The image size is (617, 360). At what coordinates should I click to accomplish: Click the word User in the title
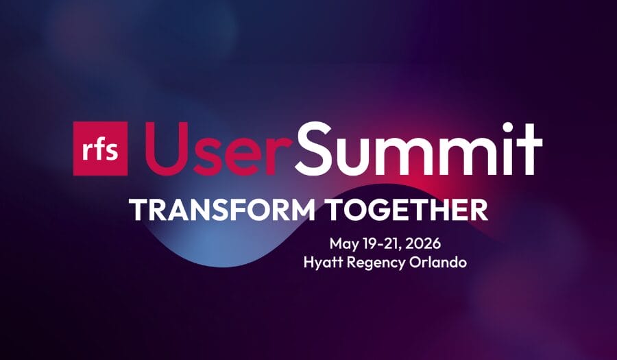[x=214, y=149]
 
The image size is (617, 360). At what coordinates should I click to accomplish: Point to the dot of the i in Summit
[x=507, y=127]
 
